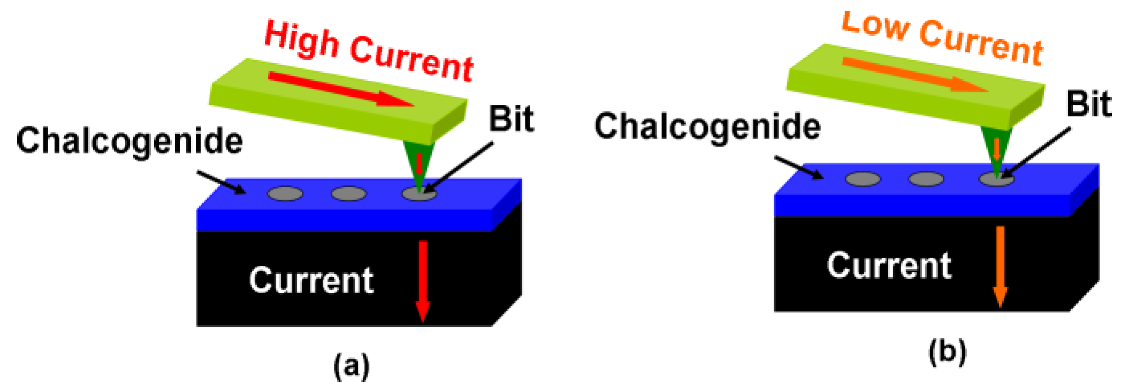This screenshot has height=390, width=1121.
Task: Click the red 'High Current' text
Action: click(369, 51)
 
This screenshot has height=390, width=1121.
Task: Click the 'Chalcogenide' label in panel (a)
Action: click(129, 141)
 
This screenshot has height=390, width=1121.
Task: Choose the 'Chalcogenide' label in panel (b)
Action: click(707, 127)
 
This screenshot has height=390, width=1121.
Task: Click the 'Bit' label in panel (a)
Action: click(511, 119)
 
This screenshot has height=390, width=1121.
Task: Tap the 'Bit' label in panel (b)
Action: click(1089, 103)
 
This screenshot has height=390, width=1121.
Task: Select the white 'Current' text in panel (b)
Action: click(889, 265)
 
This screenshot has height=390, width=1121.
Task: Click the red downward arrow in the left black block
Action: click(423, 281)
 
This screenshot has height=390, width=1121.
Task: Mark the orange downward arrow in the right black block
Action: click(1000, 266)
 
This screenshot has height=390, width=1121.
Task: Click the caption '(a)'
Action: click(351, 366)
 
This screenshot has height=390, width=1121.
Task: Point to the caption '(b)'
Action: click(947, 352)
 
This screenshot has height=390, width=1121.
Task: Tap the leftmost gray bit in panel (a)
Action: click(285, 193)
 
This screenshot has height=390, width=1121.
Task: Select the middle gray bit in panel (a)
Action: click(349, 193)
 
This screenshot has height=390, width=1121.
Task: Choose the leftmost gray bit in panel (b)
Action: click(863, 179)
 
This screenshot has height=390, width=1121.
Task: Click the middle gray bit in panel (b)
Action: click(926, 179)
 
